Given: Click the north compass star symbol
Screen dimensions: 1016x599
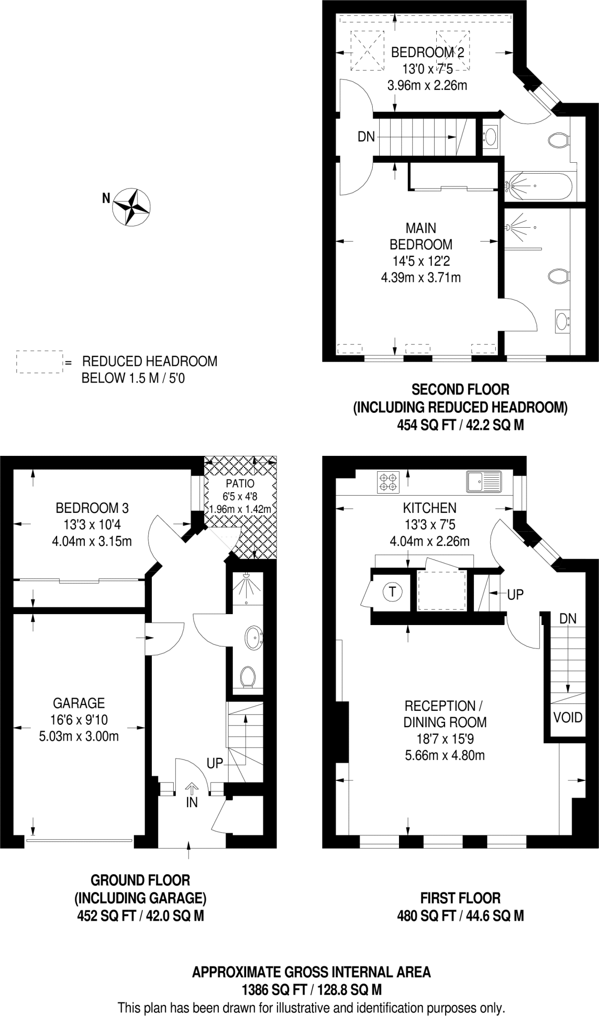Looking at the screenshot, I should point(132,207).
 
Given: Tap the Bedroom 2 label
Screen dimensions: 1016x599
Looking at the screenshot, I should point(427,53).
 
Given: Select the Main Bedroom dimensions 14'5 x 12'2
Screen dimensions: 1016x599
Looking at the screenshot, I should point(421,261).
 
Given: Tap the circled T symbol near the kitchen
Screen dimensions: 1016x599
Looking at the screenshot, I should point(393,591).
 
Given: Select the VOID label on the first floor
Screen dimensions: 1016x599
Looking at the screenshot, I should point(568,717).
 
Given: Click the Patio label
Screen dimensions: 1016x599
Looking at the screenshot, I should point(240,483).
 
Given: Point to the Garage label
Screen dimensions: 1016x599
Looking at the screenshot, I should point(79,703).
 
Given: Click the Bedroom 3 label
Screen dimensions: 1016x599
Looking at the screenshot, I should point(92,508).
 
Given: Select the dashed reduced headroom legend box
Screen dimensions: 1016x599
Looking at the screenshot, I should point(39,362).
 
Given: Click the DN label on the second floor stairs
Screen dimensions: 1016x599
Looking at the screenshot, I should point(366,136).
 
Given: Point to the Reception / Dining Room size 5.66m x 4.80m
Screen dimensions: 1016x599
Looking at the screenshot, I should point(444,756).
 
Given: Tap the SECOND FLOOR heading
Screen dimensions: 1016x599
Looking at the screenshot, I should point(461,389).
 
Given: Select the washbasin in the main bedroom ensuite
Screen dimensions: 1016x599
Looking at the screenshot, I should point(562,321).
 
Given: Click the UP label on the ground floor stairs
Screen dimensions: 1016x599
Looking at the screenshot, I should point(214,763).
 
